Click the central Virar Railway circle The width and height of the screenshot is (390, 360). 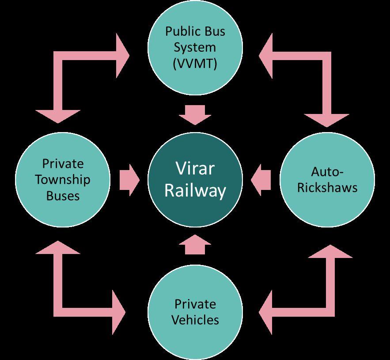pos(195,180)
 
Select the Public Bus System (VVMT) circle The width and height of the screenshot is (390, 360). pos(195,47)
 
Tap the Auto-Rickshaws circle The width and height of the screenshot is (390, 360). pos(327,180)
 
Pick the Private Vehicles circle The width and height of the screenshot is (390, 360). pos(195,312)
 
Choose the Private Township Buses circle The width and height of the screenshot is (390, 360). pos(63,180)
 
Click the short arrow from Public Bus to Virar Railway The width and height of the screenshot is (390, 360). pos(195,115)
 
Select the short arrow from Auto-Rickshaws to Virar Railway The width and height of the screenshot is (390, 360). pos(261,180)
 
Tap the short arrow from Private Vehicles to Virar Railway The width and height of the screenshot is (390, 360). pos(195,244)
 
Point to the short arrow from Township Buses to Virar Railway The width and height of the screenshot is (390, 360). pos(129,180)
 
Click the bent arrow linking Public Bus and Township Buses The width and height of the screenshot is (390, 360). pos(58,56)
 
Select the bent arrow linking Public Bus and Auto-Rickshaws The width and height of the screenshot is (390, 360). pos(326,56)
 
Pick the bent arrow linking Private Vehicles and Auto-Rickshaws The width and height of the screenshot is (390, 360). pos(330,312)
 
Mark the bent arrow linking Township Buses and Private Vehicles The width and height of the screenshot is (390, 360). pos(58,312)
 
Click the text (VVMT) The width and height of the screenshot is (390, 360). pos(195,64)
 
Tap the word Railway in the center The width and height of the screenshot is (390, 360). pos(195,191)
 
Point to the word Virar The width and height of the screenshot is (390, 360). pos(195,169)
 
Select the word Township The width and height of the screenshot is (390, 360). pos(63,180)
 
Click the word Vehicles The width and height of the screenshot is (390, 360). pos(195,320)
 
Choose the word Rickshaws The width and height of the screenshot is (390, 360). pos(327,187)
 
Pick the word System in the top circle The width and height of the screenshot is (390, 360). pos(195,48)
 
